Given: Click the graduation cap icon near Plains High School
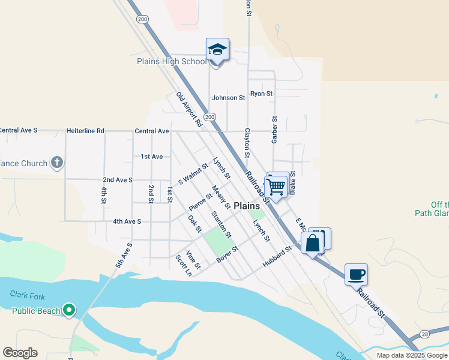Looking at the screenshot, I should coord(217,50).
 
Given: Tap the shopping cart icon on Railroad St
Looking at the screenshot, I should coord(276,187).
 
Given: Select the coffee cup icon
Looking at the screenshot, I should coord(356,275).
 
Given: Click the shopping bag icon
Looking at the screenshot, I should coord(313,243).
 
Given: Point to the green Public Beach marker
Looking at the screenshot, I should coord(69,310).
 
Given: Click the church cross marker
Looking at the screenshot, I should coord(56,163).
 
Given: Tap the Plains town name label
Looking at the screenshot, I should coord(246,205).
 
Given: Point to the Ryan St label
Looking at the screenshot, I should coord(262,94).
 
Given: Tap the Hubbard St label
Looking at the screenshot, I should coord(277,257).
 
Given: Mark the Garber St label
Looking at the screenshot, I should coord(274,130).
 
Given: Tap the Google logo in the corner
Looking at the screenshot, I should coord(20,353).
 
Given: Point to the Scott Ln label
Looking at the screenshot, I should coord(183,265).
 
